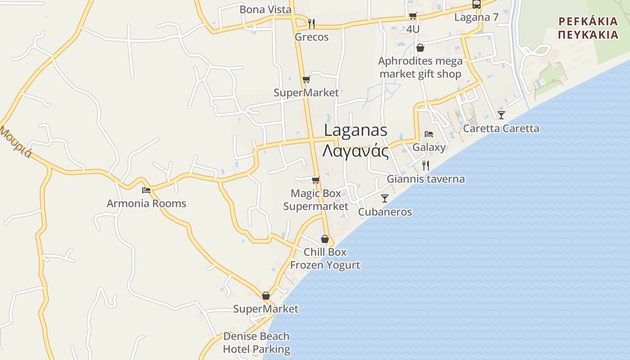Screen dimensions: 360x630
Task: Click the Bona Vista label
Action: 265,9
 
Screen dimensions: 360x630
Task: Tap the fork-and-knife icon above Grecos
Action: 311,23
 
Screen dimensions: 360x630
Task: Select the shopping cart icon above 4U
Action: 413,16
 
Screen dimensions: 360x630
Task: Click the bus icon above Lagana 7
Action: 476,4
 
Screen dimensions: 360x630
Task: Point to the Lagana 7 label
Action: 476,18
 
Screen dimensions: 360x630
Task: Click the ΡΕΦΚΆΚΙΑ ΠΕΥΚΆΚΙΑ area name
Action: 587,28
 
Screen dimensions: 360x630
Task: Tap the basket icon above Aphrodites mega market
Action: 420,48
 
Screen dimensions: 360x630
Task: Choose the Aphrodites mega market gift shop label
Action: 420,67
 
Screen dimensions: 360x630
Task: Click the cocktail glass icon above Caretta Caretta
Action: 501,115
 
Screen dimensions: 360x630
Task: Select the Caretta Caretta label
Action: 501,128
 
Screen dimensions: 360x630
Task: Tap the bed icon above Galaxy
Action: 429,134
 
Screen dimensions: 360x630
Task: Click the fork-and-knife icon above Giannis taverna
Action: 426,166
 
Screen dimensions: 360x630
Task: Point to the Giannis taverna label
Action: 426,179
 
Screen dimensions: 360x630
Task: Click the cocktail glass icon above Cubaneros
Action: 385,198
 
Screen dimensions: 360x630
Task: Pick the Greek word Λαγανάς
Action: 355,151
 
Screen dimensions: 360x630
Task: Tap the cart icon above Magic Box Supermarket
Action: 315,180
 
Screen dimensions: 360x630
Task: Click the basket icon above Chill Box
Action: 325,239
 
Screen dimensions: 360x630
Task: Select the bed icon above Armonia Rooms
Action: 146,190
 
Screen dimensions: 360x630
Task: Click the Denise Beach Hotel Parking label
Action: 256,343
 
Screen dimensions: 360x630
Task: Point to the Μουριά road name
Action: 16,142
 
